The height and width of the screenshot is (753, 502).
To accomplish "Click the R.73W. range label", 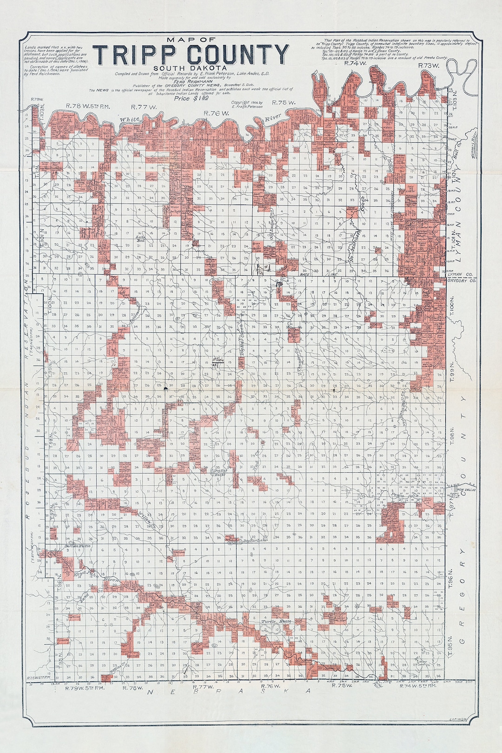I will [x=429, y=66].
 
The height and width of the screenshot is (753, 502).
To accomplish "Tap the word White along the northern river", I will [x=129, y=119].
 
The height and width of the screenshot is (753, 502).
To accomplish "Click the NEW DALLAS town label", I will [x=467, y=490].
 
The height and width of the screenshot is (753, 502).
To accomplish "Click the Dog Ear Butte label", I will [x=219, y=473].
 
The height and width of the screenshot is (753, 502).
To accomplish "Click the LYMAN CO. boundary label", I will [x=457, y=276].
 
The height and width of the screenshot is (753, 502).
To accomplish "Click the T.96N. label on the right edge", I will [x=450, y=578].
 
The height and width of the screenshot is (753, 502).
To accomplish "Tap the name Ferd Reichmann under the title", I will [x=191, y=81].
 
